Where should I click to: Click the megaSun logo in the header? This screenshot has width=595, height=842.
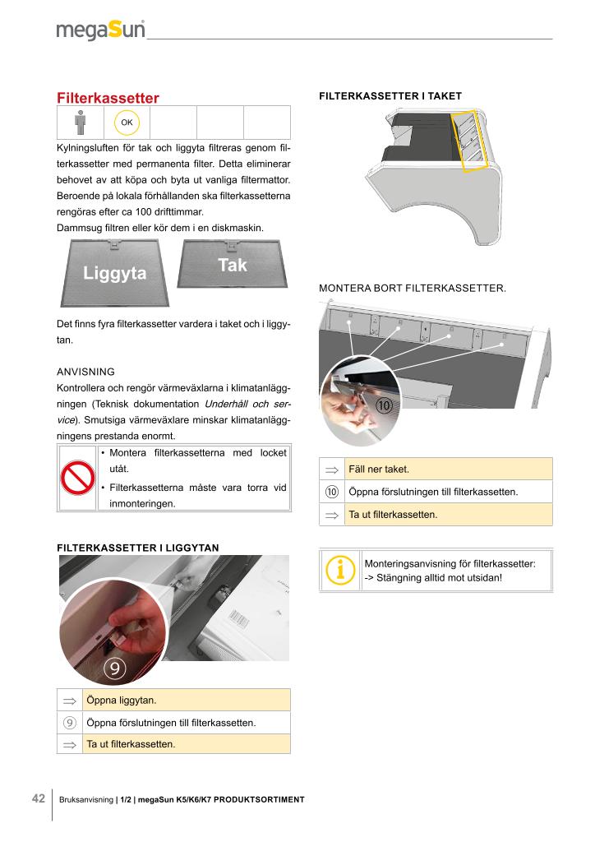(100, 30)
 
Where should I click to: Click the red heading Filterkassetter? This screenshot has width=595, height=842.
(108, 98)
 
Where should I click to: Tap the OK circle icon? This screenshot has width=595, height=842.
(127, 123)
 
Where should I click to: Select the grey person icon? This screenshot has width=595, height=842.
(80, 123)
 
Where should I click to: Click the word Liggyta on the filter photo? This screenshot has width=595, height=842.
(114, 273)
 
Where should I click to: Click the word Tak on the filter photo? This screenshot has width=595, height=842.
(233, 265)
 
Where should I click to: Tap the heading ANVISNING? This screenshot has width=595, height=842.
(85, 371)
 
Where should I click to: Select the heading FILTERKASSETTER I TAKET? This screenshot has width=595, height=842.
(390, 96)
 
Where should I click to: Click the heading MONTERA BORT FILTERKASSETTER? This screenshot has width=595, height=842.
(412, 289)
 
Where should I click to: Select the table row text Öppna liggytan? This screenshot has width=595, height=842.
(122, 701)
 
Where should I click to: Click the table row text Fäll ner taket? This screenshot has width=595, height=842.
(379, 470)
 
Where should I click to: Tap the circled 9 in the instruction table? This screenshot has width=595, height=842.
(70, 723)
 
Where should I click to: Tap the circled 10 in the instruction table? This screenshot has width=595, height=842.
(332, 492)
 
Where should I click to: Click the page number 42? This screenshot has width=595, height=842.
(38, 798)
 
